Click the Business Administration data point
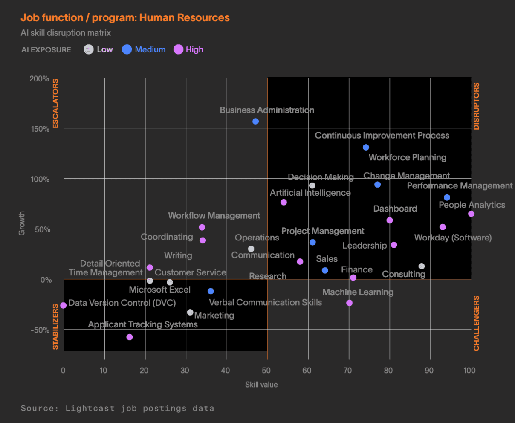[x=255, y=121]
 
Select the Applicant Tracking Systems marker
[x=130, y=337]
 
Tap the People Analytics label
[x=472, y=205]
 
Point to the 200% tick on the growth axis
[x=39, y=79]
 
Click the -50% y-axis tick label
[x=39, y=330]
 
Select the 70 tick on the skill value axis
[x=348, y=370]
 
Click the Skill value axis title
[x=261, y=385]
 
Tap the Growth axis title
[x=22, y=223]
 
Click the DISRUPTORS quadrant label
[x=476, y=106]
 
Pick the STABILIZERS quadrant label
[x=55, y=327]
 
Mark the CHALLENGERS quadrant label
[x=476, y=323]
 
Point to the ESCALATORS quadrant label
[x=55, y=104]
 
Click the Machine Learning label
[x=358, y=292]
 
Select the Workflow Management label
[x=214, y=216]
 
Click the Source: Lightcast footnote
[x=117, y=408]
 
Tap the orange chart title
[x=125, y=18]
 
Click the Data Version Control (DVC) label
[x=122, y=303]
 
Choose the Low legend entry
[x=98, y=49]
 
